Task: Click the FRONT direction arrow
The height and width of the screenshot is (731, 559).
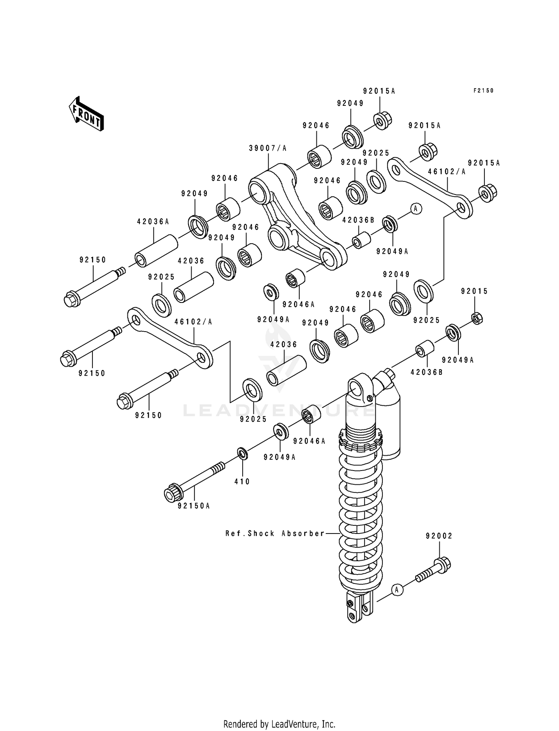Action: tap(86, 114)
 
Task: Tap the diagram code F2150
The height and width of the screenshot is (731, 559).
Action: tap(483, 91)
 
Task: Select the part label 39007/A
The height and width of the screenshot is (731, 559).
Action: tap(268, 148)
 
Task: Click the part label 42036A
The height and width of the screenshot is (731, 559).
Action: tap(153, 222)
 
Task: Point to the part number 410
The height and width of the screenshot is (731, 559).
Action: tap(242, 482)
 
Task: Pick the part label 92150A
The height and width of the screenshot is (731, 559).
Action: tap(194, 506)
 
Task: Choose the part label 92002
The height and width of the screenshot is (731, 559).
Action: tap(439, 536)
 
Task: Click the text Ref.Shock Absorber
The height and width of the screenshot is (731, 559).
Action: tap(275, 534)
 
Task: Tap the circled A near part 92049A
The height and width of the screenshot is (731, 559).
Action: tap(416, 209)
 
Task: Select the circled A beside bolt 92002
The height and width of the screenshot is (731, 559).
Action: tap(397, 589)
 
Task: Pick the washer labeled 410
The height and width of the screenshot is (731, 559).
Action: tap(243, 454)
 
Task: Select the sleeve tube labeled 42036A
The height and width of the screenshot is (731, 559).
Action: tap(156, 250)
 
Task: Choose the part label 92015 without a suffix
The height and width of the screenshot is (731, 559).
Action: tap(474, 292)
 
